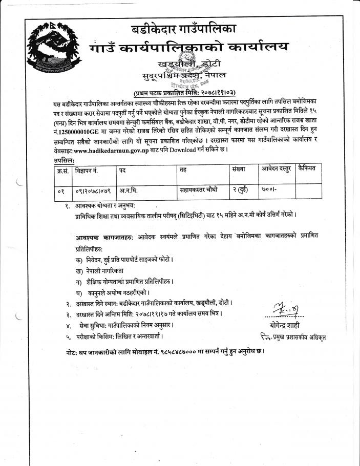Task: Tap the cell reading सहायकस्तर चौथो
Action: tap(199, 190)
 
